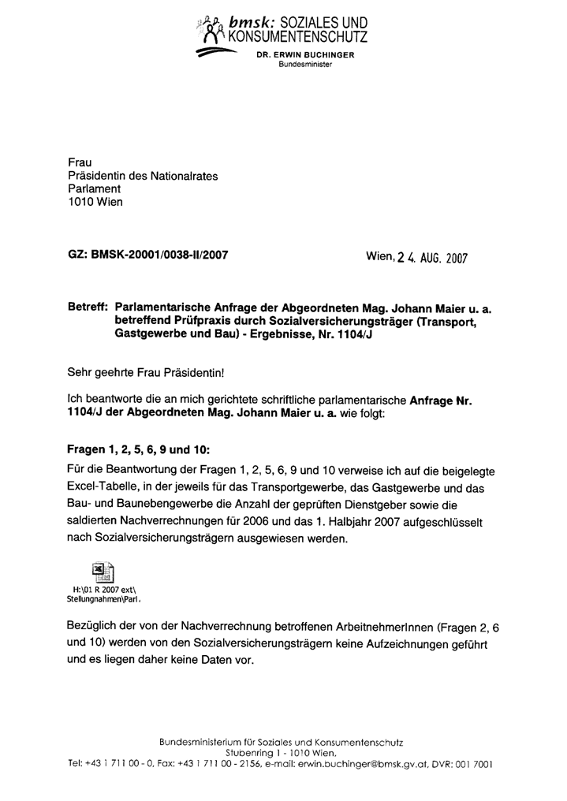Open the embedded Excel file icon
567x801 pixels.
coord(103,572)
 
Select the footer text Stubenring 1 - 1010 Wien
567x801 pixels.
coord(280,754)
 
